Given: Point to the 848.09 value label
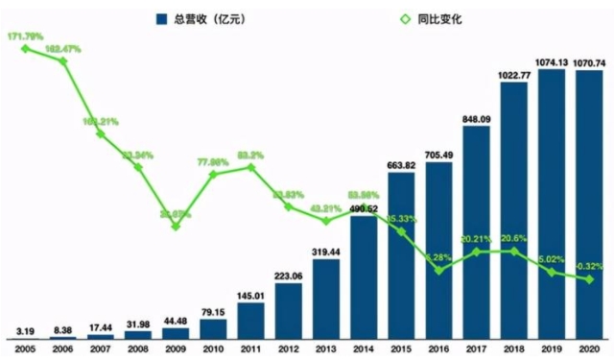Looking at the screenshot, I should [x=476, y=118].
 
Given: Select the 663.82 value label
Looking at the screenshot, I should [x=401, y=165].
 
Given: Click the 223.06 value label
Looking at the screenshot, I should [x=289, y=276].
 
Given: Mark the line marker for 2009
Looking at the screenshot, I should [x=176, y=226].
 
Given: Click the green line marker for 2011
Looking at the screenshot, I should [x=251, y=167].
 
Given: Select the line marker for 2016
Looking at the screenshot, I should [x=438, y=271].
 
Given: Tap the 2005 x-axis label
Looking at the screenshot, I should [x=26, y=349].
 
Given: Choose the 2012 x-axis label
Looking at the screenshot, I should [x=289, y=349].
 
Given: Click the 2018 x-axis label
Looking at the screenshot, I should [x=514, y=349].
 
